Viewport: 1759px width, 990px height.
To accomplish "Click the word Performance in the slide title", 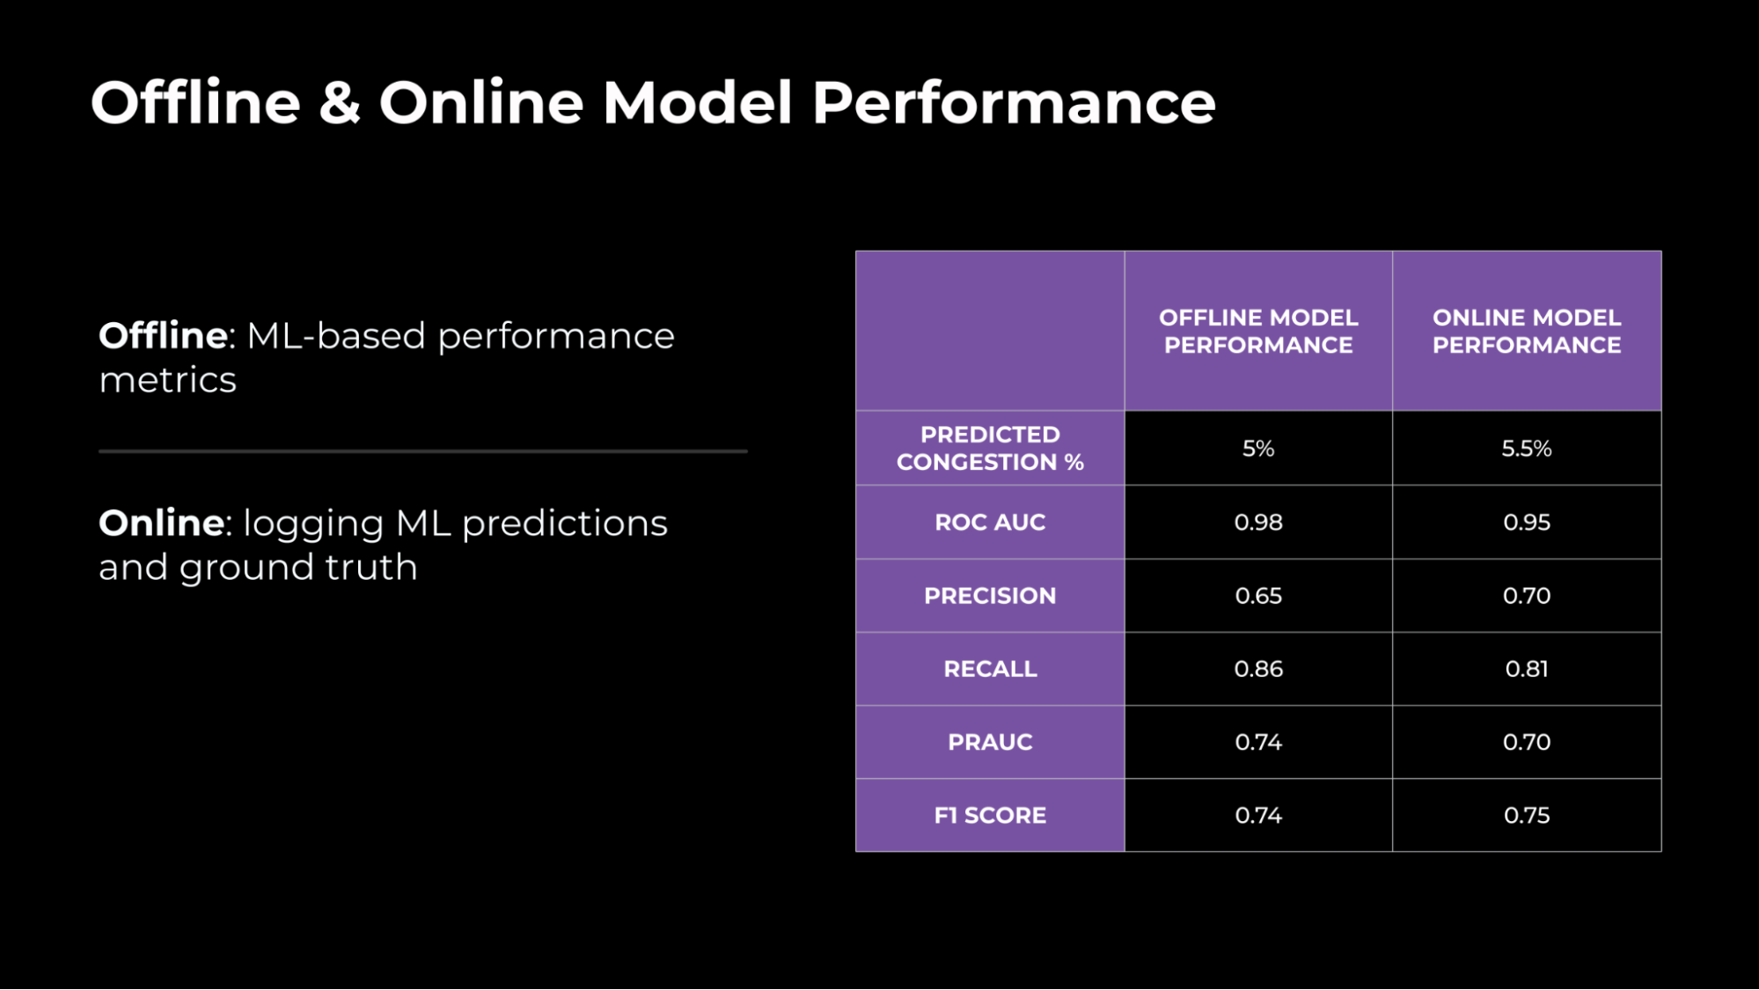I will point(1013,104).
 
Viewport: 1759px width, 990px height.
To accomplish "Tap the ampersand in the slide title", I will point(340,104).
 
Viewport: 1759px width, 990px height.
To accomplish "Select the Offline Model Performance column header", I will point(1257,331).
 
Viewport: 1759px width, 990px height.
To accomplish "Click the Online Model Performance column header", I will point(1526,331).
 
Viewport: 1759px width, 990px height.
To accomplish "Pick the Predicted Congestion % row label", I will point(990,448).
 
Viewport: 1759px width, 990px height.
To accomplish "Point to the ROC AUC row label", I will point(990,522).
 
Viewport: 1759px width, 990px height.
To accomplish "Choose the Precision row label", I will point(990,596).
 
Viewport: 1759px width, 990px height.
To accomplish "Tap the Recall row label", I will point(990,669).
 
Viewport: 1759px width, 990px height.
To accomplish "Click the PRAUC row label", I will point(990,742).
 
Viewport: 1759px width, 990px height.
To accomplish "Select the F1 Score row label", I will point(990,815).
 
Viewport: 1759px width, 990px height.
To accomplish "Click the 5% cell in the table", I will point(1257,448).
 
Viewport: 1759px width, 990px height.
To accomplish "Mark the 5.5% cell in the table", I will point(1526,448).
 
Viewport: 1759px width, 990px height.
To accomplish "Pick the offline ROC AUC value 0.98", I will point(1257,522).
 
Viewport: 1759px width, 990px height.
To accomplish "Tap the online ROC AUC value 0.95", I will point(1526,522).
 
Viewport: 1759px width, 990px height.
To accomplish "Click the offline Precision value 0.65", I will point(1257,596).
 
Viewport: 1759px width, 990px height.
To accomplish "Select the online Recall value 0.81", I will point(1526,669).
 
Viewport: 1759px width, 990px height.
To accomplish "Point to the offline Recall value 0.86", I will point(1257,669).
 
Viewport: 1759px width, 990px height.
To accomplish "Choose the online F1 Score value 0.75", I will point(1526,815).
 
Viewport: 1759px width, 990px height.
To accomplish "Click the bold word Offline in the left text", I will point(164,335).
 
